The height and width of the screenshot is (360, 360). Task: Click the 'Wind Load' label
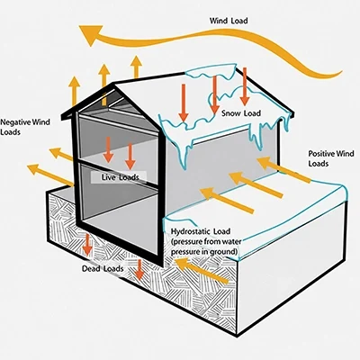[x=229, y=21]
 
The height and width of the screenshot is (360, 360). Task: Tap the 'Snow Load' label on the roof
[x=241, y=113]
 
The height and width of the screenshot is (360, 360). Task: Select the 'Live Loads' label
[x=120, y=177]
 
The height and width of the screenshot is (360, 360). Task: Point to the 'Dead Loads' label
[x=103, y=268]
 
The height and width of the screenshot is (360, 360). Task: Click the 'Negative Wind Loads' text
[x=25, y=127]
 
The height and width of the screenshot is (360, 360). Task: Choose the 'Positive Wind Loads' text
[x=331, y=158]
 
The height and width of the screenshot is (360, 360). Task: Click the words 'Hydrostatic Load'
[x=201, y=231]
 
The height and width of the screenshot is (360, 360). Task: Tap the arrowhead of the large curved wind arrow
[x=92, y=34]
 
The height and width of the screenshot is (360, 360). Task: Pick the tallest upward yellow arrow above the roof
[x=104, y=85]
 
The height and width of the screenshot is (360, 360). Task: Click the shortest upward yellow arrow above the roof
[x=136, y=67]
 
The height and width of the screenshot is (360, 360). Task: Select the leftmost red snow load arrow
[x=184, y=103]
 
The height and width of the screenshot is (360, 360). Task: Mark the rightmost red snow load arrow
[x=245, y=86]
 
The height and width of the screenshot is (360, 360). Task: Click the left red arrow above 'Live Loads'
[x=108, y=149]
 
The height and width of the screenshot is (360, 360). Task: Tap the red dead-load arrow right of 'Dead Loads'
[x=139, y=269]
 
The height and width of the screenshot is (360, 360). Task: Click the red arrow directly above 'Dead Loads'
[x=87, y=244]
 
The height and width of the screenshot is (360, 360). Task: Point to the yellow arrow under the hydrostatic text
[x=202, y=271]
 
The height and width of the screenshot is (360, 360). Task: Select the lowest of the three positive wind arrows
[x=227, y=201]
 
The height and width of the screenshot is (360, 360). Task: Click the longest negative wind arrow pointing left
[x=50, y=175]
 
